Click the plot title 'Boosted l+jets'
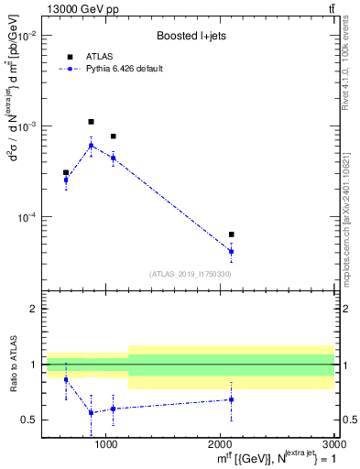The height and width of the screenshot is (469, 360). (191, 36)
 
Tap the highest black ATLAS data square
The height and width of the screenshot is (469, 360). (91, 121)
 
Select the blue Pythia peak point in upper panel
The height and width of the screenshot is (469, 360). (91, 146)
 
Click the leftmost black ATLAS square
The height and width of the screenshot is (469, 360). (66, 172)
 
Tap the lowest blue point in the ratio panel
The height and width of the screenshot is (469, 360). (91, 412)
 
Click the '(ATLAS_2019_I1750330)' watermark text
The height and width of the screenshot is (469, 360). (191, 274)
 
